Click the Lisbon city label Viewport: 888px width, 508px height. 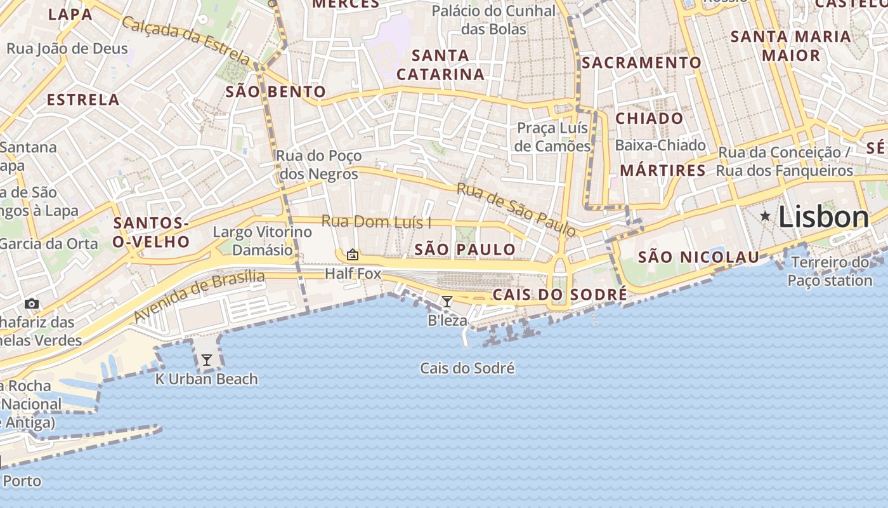823,217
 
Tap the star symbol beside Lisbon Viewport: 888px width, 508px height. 766,217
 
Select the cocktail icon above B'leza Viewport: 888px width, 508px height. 447,302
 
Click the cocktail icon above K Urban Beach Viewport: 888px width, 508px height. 206,360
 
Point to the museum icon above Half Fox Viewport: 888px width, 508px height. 353,255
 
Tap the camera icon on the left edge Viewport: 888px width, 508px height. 31,304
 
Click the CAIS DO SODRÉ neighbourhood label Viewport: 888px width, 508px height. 559,295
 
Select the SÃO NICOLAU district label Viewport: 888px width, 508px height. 698,257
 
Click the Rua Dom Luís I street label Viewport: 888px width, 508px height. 376,222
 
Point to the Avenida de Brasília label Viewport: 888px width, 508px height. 200,295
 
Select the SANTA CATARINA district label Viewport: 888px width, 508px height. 440,65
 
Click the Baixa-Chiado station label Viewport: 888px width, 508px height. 660,145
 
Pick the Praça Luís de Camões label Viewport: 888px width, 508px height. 552,137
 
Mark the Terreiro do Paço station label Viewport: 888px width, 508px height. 830,271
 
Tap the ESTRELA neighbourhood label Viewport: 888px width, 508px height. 83,100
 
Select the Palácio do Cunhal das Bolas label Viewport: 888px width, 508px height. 493,20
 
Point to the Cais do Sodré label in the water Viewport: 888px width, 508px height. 467,368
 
